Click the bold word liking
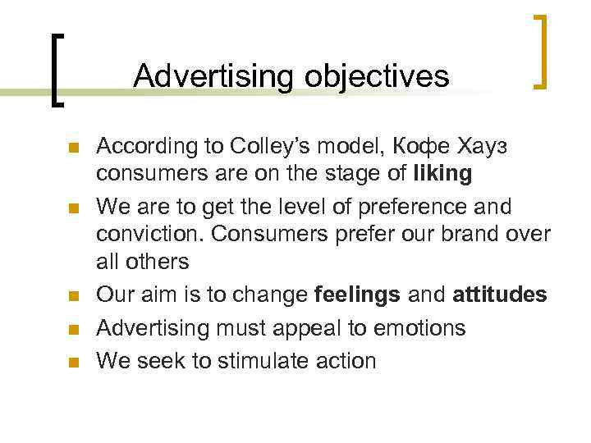tap(443, 174)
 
